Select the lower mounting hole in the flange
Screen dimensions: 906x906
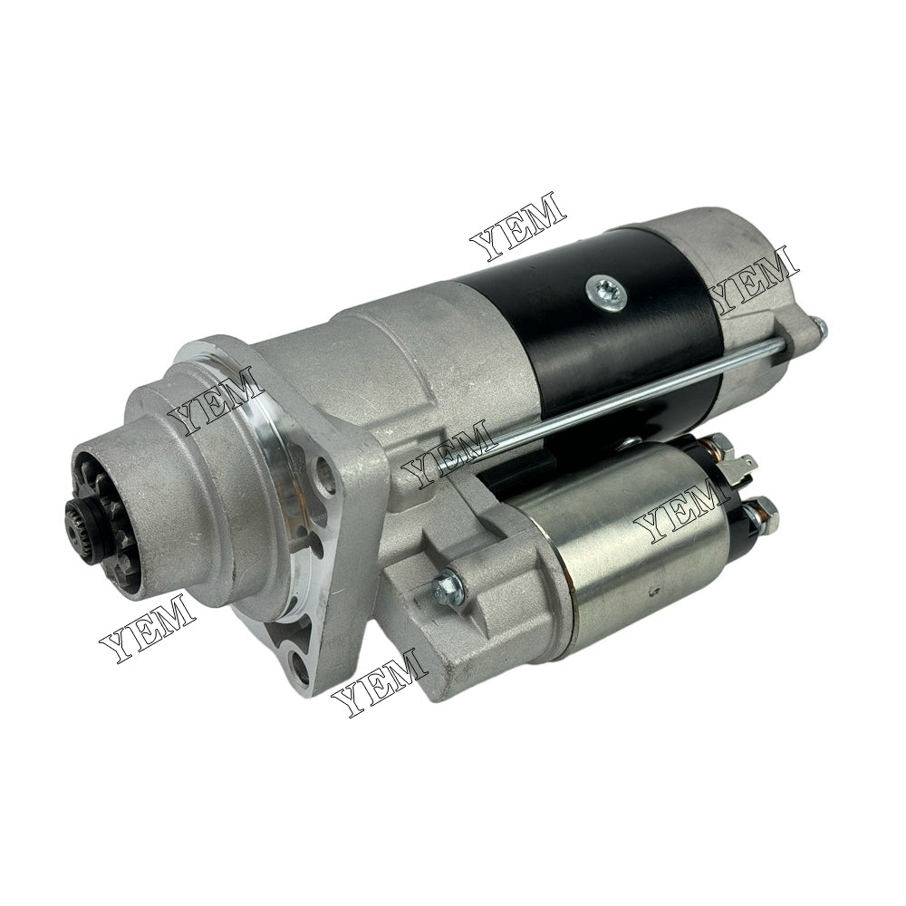303,668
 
